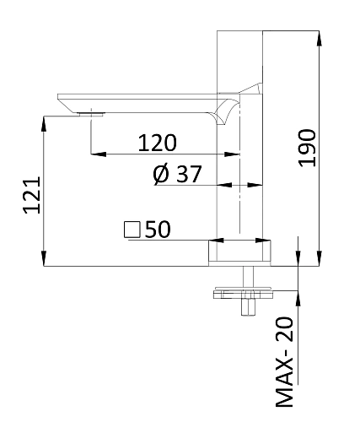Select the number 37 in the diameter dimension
point(188,174)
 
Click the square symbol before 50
point(132,229)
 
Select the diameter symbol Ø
point(161,174)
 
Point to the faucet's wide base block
point(240,252)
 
